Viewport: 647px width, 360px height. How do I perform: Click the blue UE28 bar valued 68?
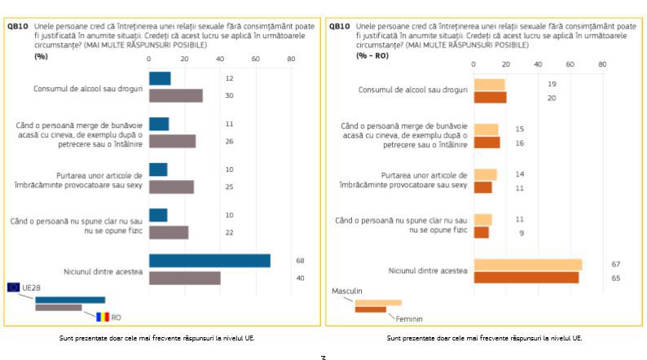pos(209,261)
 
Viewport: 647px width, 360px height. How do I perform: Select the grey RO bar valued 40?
pos(184,278)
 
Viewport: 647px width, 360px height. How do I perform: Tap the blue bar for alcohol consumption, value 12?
pos(160,78)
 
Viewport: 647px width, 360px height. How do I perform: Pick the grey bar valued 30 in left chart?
pos(175,95)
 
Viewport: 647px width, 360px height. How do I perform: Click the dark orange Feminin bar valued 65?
pos(526,278)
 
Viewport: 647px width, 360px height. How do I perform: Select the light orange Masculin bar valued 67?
pos(528,264)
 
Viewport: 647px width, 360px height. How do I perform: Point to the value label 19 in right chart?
pos(552,84)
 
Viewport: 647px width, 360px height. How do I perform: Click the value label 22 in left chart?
pos(229,233)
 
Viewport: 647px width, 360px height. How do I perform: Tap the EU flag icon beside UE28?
pos(14,287)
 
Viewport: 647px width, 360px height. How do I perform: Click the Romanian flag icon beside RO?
pos(102,317)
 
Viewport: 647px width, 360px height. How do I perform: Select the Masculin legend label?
pos(346,291)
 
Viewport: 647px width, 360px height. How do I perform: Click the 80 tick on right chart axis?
pos(601,64)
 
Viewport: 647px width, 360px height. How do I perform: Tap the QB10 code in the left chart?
pos(17,26)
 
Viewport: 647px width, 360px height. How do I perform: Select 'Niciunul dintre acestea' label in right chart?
pos(427,270)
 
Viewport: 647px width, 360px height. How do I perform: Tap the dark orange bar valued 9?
pos(482,233)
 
